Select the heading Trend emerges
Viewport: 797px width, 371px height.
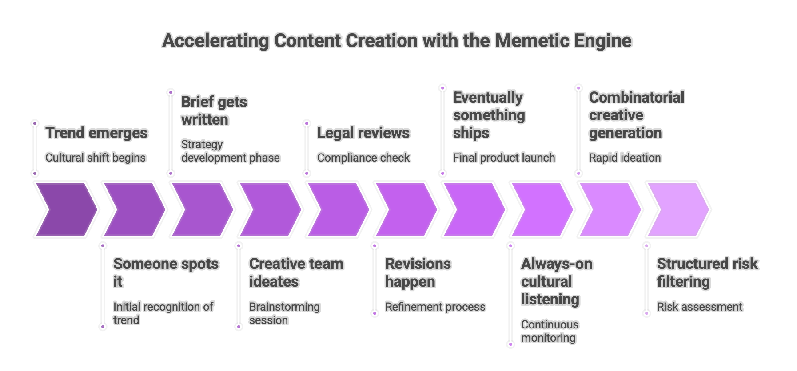click(x=96, y=133)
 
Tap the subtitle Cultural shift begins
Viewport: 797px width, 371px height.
click(x=96, y=158)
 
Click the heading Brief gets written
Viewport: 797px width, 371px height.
click(x=214, y=111)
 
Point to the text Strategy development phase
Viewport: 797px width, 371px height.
click(x=230, y=151)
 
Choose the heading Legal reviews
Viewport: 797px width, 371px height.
click(x=363, y=133)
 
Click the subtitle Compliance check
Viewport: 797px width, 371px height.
click(x=363, y=158)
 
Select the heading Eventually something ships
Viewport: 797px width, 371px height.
click(x=489, y=115)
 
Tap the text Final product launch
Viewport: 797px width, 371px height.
click(x=504, y=158)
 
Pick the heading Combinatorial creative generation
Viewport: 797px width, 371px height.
click(x=636, y=115)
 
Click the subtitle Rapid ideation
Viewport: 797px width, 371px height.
click(x=625, y=158)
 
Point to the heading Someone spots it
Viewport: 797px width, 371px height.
click(x=166, y=272)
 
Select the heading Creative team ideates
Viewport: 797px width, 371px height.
click(x=296, y=272)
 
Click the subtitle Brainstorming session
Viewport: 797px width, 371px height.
click(x=284, y=313)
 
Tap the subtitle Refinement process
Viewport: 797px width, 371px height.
click(x=435, y=307)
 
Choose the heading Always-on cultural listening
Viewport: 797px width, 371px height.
click(x=556, y=281)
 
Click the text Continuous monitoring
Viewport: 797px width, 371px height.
click(x=550, y=331)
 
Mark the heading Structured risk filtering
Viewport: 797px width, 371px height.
click(x=707, y=272)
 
